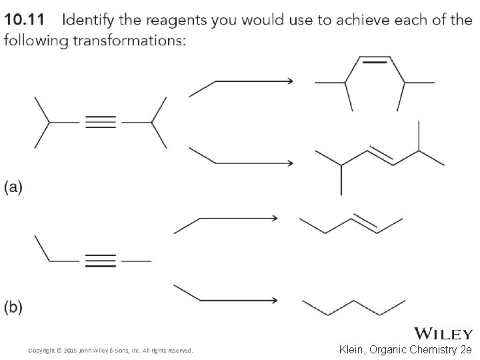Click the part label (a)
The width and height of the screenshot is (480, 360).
tap(14, 187)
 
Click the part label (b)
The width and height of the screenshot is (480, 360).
tap(14, 307)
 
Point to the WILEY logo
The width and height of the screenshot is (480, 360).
tap(443, 333)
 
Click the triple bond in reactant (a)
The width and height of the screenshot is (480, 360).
tap(100, 122)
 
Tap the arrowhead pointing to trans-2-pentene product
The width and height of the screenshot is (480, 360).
tap(273, 217)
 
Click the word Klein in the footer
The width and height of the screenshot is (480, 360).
tap(356, 349)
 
